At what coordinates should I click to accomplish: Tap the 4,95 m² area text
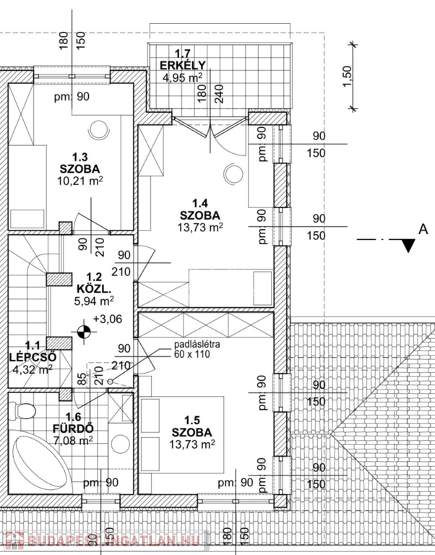coord(181,77)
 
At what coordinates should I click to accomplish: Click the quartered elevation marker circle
coord(85,332)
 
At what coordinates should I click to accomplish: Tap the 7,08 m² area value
coord(74,439)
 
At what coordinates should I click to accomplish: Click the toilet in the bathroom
coord(24,412)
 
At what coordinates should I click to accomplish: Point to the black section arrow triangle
coord(408,246)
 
